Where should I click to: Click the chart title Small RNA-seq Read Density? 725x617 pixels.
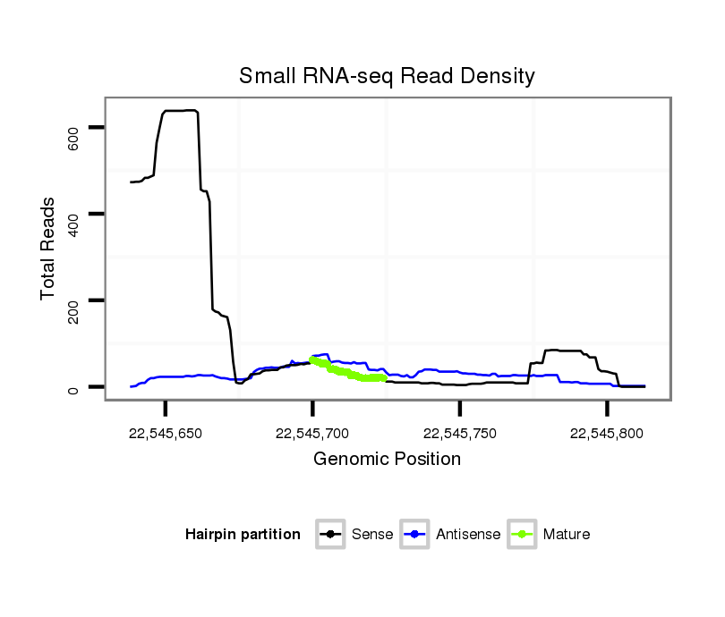(x=387, y=76)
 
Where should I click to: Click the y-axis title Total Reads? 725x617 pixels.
(x=49, y=249)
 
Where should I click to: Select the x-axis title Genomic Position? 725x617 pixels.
(x=387, y=460)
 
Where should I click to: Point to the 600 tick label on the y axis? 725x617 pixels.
(x=74, y=135)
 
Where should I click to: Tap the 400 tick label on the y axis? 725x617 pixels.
(x=74, y=221)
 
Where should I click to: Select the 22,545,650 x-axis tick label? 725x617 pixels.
(x=165, y=434)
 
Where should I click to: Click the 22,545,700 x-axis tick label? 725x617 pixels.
(x=312, y=434)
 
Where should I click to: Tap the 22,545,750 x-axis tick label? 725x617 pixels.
(x=459, y=434)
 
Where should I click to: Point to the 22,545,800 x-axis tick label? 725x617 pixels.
(x=607, y=434)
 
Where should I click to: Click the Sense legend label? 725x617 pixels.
(x=372, y=535)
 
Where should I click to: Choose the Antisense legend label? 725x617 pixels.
(x=468, y=535)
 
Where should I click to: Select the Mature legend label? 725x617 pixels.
(x=567, y=535)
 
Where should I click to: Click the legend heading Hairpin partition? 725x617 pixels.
(x=243, y=535)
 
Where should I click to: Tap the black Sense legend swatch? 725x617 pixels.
(x=331, y=535)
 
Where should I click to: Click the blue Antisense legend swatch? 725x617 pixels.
(x=415, y=535)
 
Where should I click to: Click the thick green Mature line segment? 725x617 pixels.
(x=345, y=371)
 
